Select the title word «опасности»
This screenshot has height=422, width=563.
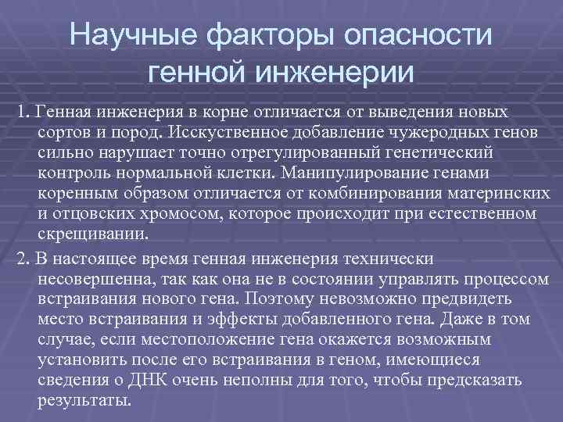pos(419,35)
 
